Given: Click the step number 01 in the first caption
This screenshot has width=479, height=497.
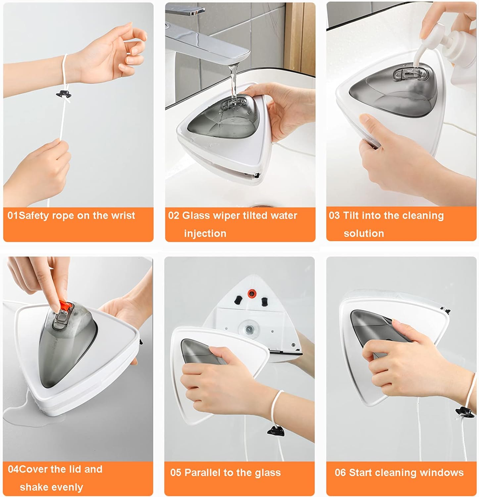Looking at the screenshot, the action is (x=13, y=215).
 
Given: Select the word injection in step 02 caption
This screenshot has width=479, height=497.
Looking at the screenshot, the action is (x=205, y=234).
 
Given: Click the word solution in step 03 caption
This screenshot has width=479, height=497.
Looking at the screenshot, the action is (x=364, y=233).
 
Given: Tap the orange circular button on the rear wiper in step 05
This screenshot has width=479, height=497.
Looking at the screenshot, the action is (x=252, y=293).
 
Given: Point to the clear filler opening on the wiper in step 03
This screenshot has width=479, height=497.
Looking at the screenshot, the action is (x=409, y=75).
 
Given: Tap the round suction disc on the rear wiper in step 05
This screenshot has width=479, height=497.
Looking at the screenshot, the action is (x=249, y=329).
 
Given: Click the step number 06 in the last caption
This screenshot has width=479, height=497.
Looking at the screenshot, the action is (x=340, y=472).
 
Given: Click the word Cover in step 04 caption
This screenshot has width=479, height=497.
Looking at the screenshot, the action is (x=33, y=469).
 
